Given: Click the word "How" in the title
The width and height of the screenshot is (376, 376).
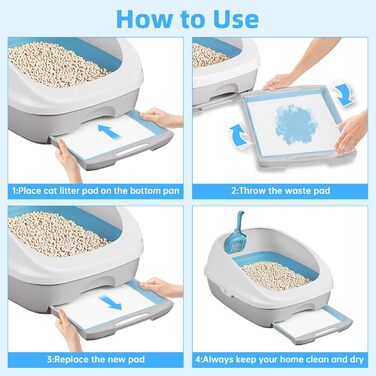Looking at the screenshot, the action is click(x=145, y=19).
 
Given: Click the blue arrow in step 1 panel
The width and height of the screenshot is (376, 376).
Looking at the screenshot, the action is click(x=109, y=131).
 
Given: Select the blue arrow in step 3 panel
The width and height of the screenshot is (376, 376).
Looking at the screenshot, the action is click(x=110, y=303).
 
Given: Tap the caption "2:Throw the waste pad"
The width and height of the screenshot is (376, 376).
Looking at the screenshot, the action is click(x=281, y=191).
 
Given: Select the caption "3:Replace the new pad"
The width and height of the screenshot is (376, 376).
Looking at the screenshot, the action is click(x=96, y=360).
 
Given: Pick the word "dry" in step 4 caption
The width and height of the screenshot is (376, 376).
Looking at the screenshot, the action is click(x=356, y=360).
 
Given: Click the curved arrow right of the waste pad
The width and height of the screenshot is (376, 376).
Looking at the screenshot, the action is click(x=345, y=94).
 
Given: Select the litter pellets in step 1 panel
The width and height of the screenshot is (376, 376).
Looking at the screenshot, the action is click(x=56, y=64).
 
